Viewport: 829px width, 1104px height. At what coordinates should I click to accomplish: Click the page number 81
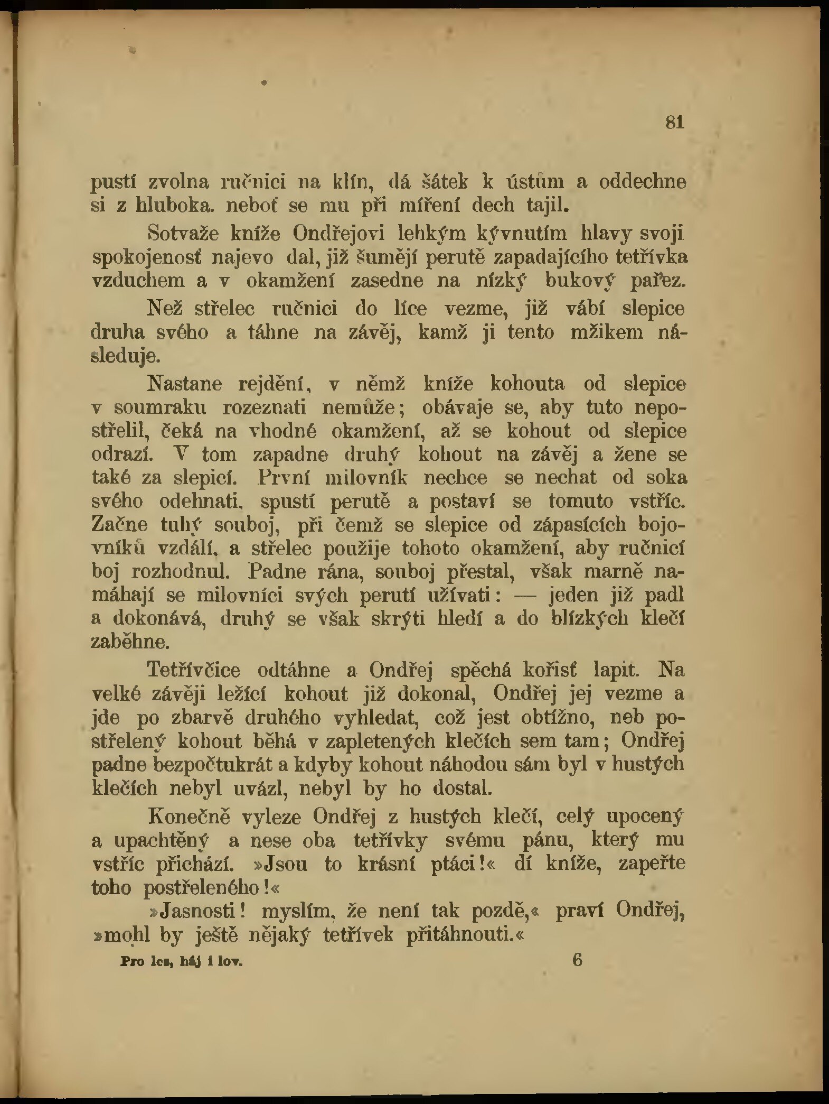(x=674, y=123)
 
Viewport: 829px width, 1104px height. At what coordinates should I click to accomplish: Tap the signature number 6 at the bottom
(x=577, y=959)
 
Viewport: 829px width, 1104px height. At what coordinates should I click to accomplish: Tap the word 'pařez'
(x=657, y=281)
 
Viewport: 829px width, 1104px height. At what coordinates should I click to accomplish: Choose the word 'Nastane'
(x=185, y=384)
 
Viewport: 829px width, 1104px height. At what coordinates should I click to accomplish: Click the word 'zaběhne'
(x=130, y=642)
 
